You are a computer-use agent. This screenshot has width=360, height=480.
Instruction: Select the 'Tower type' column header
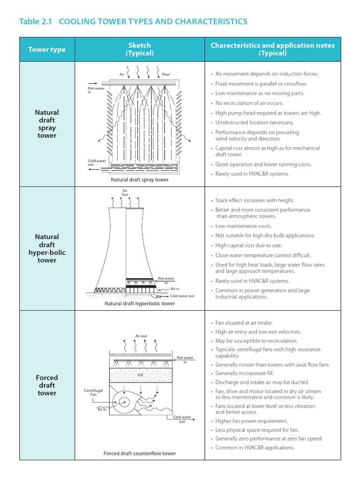pos(47,49)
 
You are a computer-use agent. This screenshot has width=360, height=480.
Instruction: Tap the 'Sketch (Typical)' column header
pos(139,49)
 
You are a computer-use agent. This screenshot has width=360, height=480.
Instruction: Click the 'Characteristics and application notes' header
pos(272,49)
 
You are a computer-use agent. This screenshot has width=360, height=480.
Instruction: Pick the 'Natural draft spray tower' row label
pos(47,124)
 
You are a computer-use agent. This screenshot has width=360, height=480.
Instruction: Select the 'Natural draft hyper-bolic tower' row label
pos(47,248)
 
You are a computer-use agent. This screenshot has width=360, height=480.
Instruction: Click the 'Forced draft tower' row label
pos(47,385)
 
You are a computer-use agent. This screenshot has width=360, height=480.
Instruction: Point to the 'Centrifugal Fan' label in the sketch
pos(93,392)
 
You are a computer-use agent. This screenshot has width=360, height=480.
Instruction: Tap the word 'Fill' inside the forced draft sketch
pos(140,375)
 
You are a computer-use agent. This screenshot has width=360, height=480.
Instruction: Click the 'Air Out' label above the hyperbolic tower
pos(125,193)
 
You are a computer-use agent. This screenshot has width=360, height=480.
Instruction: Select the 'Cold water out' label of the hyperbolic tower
pos(182,296)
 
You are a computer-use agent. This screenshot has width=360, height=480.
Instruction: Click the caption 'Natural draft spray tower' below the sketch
pos(140,180)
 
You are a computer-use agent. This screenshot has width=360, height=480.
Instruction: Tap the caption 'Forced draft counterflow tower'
pos(140,453)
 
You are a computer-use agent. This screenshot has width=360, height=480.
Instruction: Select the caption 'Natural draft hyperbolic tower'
pos(140,303)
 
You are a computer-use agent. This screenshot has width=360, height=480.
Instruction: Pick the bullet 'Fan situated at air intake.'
pos(244,323)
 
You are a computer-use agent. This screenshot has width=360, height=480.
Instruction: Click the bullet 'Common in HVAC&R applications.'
pos(255,448)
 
